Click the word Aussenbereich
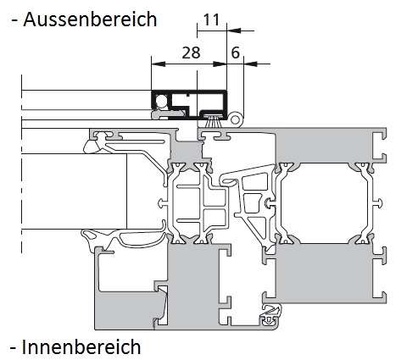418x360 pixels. pyautogui.click(x=90, y=19)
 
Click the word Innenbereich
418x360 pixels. pyautogui.click(x=81, y=346)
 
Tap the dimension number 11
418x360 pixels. pyautogui.click(x=211, y=19)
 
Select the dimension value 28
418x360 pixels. pyautogui.click(x=191, y=53)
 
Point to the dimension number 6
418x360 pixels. pyautogui.click(x=236, y=53)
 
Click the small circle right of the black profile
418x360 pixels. pyautogui.click(x=235, y=119)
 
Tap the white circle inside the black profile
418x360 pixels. pyautogui.click(x=162, y=101)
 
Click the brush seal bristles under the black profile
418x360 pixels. pyautogui.click(x=213, y=121)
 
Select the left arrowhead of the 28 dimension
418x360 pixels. pyautogui.click(x=159, y=64)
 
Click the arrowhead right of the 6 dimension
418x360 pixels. pyautogui.click(x=251, y=64)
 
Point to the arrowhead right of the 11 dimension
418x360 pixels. pyautogui.click(x=234, y=30)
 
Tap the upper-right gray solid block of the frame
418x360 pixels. pyautogui.click(x=325, y=146)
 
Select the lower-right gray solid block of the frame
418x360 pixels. pyautogui.click(x=324, y=274)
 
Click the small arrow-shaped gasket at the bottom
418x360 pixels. pyautogui.click(x=271, y=316)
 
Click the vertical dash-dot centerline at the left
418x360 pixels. pyautogui.click(x=21, y=163)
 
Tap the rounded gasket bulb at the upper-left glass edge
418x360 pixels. pyautogui.click(x=92, y=147)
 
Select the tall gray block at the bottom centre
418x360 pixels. pyautogui.click(x=192, y=285)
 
